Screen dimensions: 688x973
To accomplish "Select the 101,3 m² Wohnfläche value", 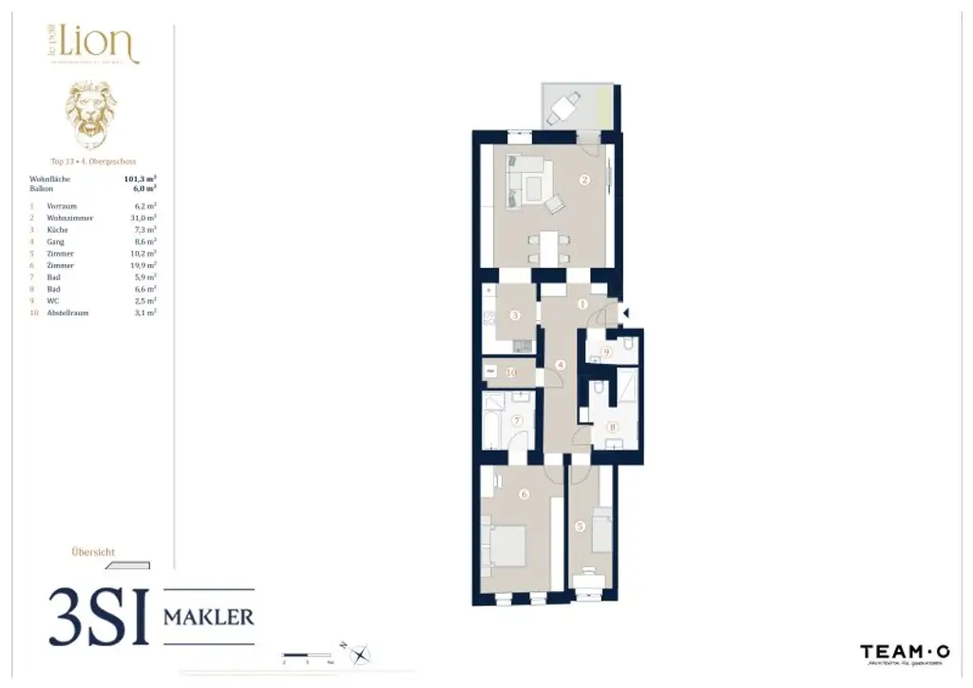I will tap(141, 178).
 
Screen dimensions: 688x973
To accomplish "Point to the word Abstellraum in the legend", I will tap(68, 312).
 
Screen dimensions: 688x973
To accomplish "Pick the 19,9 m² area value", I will tap(143, 265).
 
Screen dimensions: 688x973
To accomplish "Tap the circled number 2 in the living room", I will tap(584, 180).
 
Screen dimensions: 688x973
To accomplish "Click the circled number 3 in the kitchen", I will tap(514, 315).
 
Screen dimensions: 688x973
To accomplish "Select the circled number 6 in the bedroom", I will tap(524, 493).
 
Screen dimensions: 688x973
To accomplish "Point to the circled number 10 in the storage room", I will tap(510, 373).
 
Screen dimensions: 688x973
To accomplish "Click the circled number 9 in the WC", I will tap(606, 352).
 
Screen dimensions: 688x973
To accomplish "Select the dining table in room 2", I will tap(547, 246).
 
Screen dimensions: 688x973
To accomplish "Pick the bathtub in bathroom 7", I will tap(494, 424).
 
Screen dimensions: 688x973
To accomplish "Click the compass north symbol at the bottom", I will tap(361, 654).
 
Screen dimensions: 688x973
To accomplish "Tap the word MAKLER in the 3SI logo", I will tap(209, 617).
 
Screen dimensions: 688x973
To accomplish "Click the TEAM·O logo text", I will tap(905, 652).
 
